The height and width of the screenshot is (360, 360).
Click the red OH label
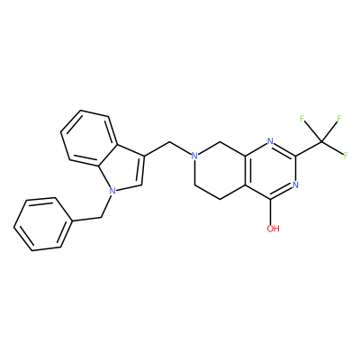[x=273, y=229]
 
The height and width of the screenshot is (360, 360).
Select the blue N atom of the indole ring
[x=112, y=190]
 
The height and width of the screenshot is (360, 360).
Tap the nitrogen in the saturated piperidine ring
[x=194, y=156]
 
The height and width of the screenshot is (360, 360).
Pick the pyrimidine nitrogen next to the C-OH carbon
[x=295, y=184]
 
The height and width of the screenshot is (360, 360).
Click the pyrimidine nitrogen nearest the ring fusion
[x=270, y=141]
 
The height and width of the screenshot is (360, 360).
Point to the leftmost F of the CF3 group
[x=302, y=119]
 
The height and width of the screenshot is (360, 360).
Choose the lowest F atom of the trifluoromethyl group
[x=346, y=156]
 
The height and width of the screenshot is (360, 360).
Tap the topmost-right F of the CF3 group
[x=339, y=118]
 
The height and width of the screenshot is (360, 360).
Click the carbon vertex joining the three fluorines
[x=321, y=141]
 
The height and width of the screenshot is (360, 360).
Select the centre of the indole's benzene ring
[x=89, y=139]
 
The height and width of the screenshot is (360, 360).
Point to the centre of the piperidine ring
[x=220, y=170]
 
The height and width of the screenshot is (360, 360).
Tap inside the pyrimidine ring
[x=270, y=170]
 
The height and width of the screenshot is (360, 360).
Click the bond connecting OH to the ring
[x=270, y=211]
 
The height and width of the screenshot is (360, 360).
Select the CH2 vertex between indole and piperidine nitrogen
[x=169, y=141]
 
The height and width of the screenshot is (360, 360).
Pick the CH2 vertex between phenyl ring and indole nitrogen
[x=102, y=217]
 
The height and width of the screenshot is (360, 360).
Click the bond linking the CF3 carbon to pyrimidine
[x=309, y=148]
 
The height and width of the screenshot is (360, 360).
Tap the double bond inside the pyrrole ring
[x=142, y=170]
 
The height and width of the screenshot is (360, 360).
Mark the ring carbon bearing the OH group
[x=270, y=199]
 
